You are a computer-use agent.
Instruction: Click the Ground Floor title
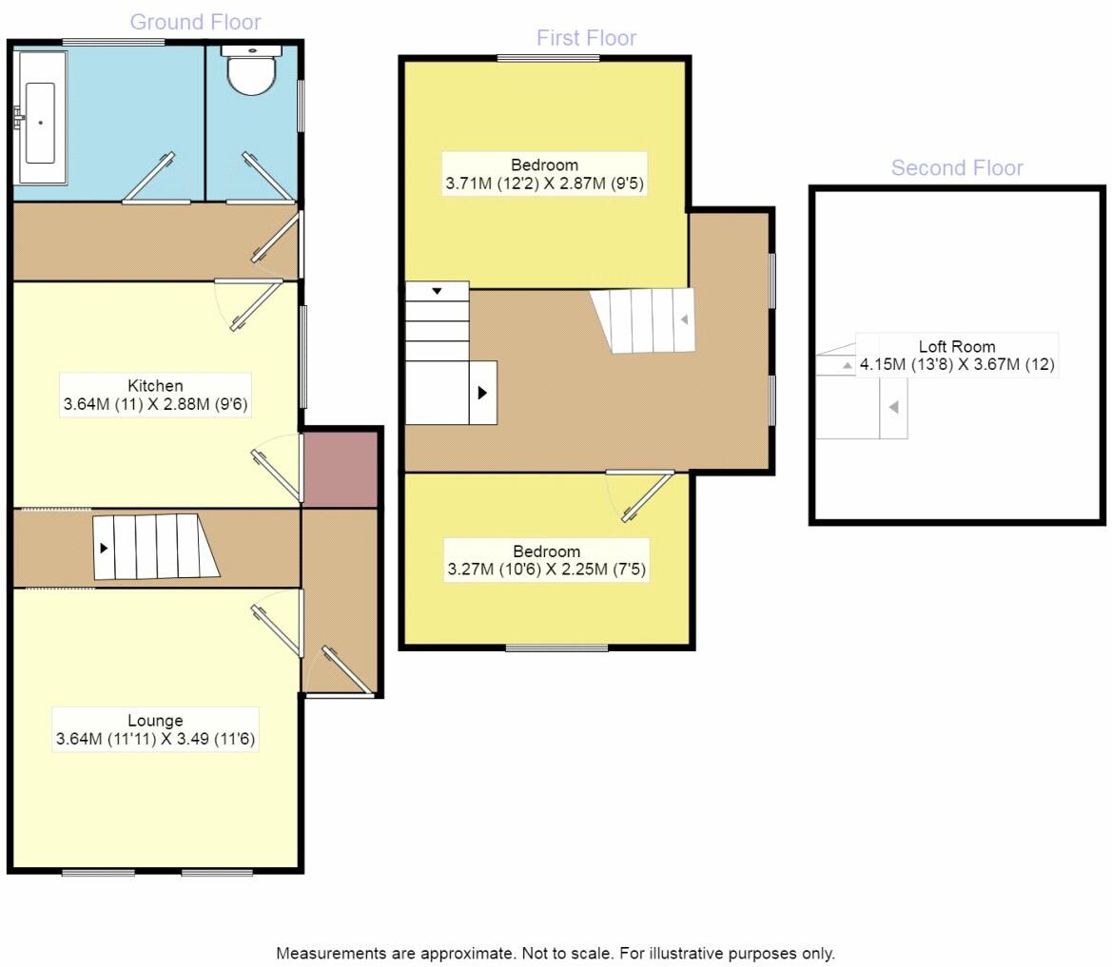pyautogui.click(x=195, y=22)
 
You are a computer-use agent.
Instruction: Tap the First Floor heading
pyautogui.click(x=586, y=38)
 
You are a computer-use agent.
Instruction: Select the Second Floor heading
pyautogui.click(x=956, y=168)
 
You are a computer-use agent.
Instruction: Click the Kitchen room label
pyautogui.click(x=155, y=395)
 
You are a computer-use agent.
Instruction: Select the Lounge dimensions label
pyautogui.click(x=155, y=729)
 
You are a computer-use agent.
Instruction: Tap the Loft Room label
pyautogui.click(x=956, y=356)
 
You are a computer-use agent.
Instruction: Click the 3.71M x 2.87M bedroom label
pyautogui.click(x=544, y=174)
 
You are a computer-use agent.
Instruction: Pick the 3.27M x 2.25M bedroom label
pyautogui.click(x=547, y=561)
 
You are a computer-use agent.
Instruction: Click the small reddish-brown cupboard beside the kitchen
pyautogui.click(x=341, y=470)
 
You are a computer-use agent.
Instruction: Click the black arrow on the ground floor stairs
pyautogui.click(x=104, y=549)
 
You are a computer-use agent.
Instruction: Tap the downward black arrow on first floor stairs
pyautogui.click(x=437, y=291)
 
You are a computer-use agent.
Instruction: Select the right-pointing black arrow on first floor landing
pyautogui.click(x=482, y=392)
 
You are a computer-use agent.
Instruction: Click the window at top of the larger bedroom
pyautogui.click(x=548, y=58)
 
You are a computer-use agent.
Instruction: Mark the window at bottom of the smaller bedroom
pyautogui.click(x=556, y=648)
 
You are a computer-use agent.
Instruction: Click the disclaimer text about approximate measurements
pyautogui.click(x=556, y=953)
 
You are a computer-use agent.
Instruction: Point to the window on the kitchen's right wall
pyautogui.click(x=303, y=357)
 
